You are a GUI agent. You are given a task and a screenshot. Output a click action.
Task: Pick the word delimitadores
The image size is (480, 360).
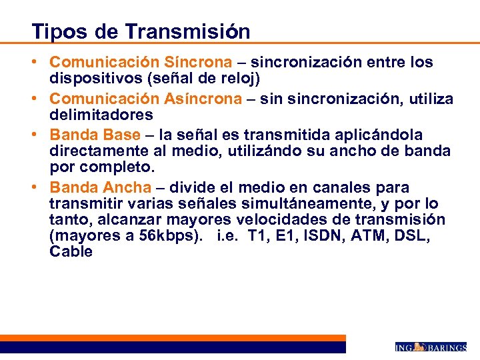coord(101,115)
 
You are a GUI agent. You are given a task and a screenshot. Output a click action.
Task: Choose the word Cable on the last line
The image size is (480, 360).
coord(71,252)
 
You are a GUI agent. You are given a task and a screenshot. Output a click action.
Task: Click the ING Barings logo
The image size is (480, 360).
coord(430,347)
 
